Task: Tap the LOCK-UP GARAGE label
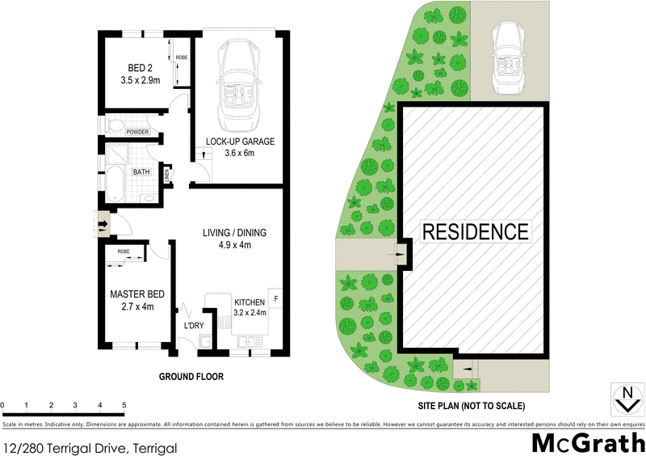tap(240, 141)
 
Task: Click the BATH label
tap(141, 172)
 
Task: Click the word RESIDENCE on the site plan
tap(476, 232)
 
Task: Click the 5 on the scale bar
tap(124, 405)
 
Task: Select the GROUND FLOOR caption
tap(191, 377)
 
